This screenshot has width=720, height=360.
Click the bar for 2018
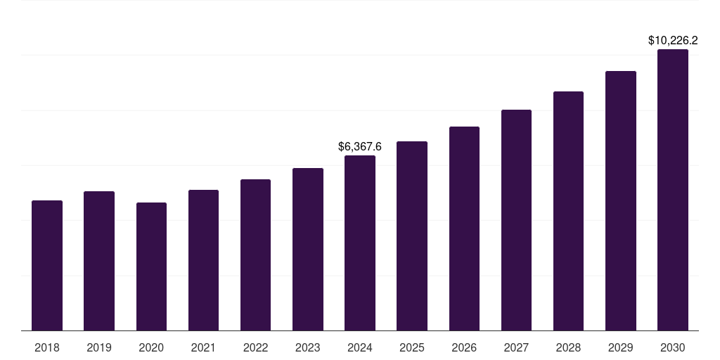tap(47, 266)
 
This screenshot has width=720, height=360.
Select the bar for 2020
tap(151, 266)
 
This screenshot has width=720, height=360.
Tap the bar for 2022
tap(255, 255)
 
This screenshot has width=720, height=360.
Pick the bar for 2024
tap(360, 243)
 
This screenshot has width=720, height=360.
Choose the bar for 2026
tap(464, 229)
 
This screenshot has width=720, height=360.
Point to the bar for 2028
tap(568, 211)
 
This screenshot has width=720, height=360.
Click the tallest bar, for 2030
tap(672, 190)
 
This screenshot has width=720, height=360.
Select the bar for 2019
tap(99, 261)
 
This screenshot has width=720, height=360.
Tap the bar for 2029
tap(620, 201)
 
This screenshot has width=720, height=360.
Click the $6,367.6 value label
tap(360, 147)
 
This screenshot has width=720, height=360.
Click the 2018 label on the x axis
tap(47, 347)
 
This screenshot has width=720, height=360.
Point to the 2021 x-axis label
tap(203, 347)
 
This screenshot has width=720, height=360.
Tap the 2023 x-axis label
tap(307, 347)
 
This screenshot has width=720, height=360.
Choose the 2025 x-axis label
tap(412, 347)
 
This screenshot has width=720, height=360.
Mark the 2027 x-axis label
tap(516, 347)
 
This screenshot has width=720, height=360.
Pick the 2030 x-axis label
tap(672, 347)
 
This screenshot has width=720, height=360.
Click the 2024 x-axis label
tap(360, 347)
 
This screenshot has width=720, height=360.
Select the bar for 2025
tap(412, 236)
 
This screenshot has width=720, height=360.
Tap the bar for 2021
tap(203, 260)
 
